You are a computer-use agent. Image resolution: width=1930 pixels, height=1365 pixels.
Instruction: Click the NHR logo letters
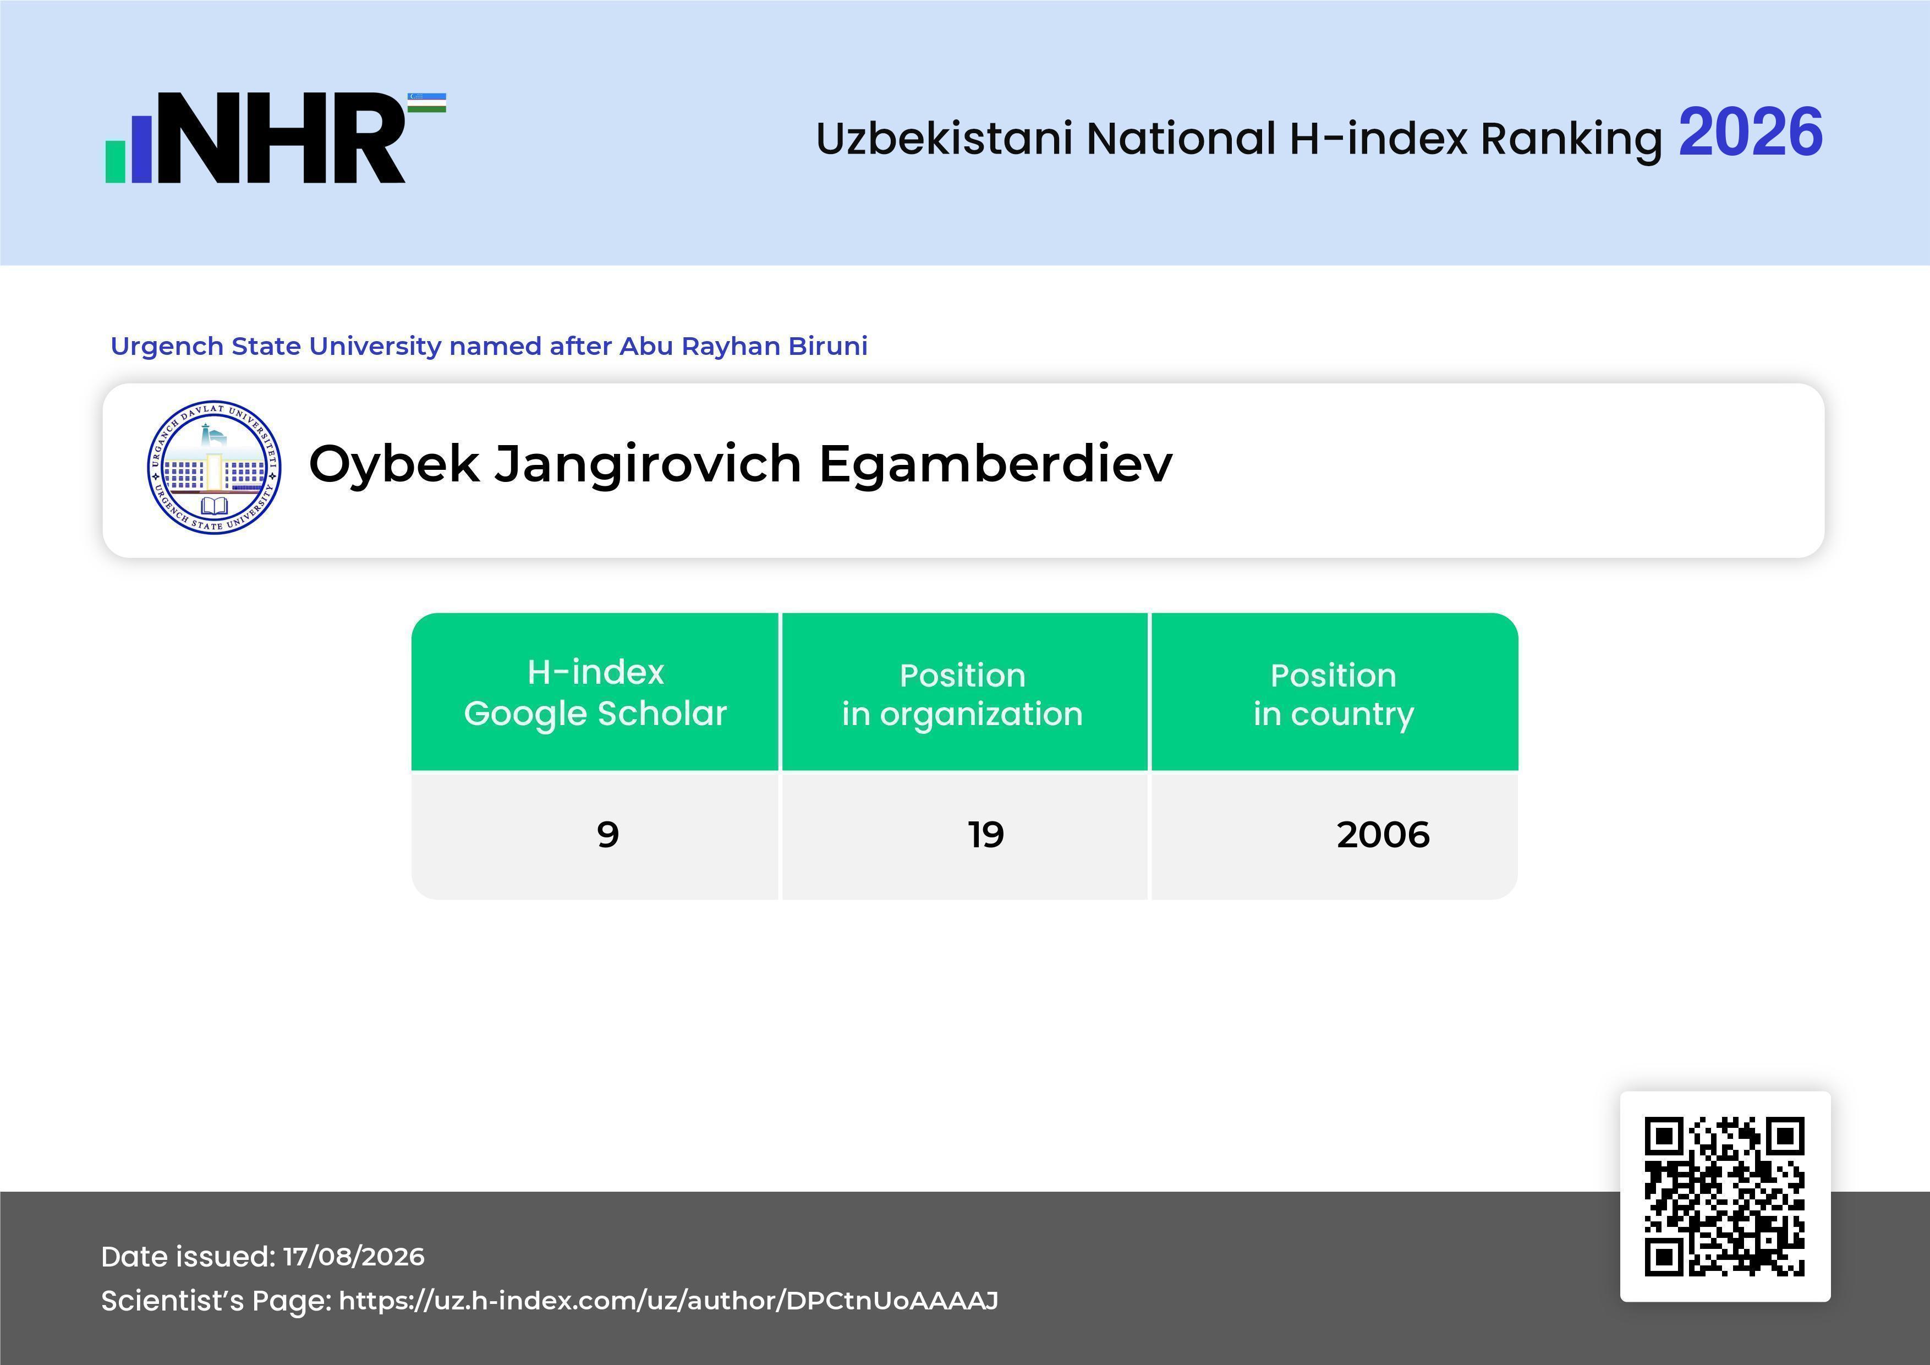pos(282,138)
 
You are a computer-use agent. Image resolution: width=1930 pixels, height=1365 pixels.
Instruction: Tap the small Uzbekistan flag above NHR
pos(427,102)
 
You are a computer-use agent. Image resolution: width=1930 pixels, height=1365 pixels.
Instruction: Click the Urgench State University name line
pos(489,346)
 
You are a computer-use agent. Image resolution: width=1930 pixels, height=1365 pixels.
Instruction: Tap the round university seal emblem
pos(215,467)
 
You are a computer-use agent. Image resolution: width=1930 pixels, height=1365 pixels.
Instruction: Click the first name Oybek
pos(394,465)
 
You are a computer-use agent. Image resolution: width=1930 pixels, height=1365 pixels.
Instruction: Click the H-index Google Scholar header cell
pos(595,692)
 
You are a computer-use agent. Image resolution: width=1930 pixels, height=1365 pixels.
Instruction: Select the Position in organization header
pos(964,692)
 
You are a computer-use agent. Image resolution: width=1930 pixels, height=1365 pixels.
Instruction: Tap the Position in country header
pos(1334,692)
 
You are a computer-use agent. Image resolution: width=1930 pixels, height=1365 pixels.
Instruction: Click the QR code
pos(1725,1197)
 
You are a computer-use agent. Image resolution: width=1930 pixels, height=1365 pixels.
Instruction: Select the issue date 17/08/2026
pos(354,1257)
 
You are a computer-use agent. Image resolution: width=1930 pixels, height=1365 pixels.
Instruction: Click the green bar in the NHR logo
pos(115,161)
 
